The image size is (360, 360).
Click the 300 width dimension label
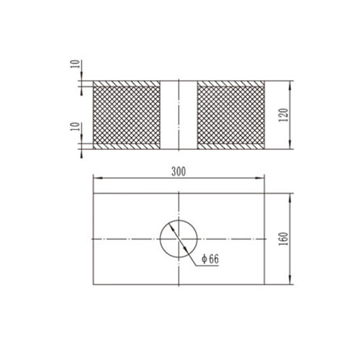click(179, 171)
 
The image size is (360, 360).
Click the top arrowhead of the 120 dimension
click(289, 83)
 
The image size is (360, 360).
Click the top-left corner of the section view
click(94, 80)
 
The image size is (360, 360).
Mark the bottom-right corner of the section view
click(266, 149)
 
